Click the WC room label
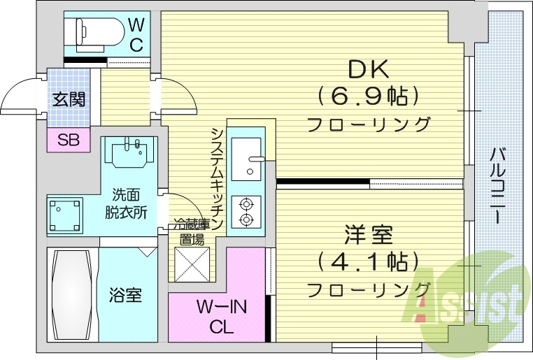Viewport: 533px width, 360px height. [136, 35]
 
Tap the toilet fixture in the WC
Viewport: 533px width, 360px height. [91, 31]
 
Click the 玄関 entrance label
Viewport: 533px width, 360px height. [69, 99]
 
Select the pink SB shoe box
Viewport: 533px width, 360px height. [69, 141]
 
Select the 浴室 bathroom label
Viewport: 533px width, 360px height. [126, 295]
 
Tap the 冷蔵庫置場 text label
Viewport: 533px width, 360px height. [191, 232]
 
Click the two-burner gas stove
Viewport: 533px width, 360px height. [246, 212]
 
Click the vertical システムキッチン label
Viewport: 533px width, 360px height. [218, 178]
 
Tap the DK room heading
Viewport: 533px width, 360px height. [368, 69]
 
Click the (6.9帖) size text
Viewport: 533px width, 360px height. [368, 94]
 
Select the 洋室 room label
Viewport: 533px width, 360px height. [368, 234]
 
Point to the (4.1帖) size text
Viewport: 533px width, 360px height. [368, 261]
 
